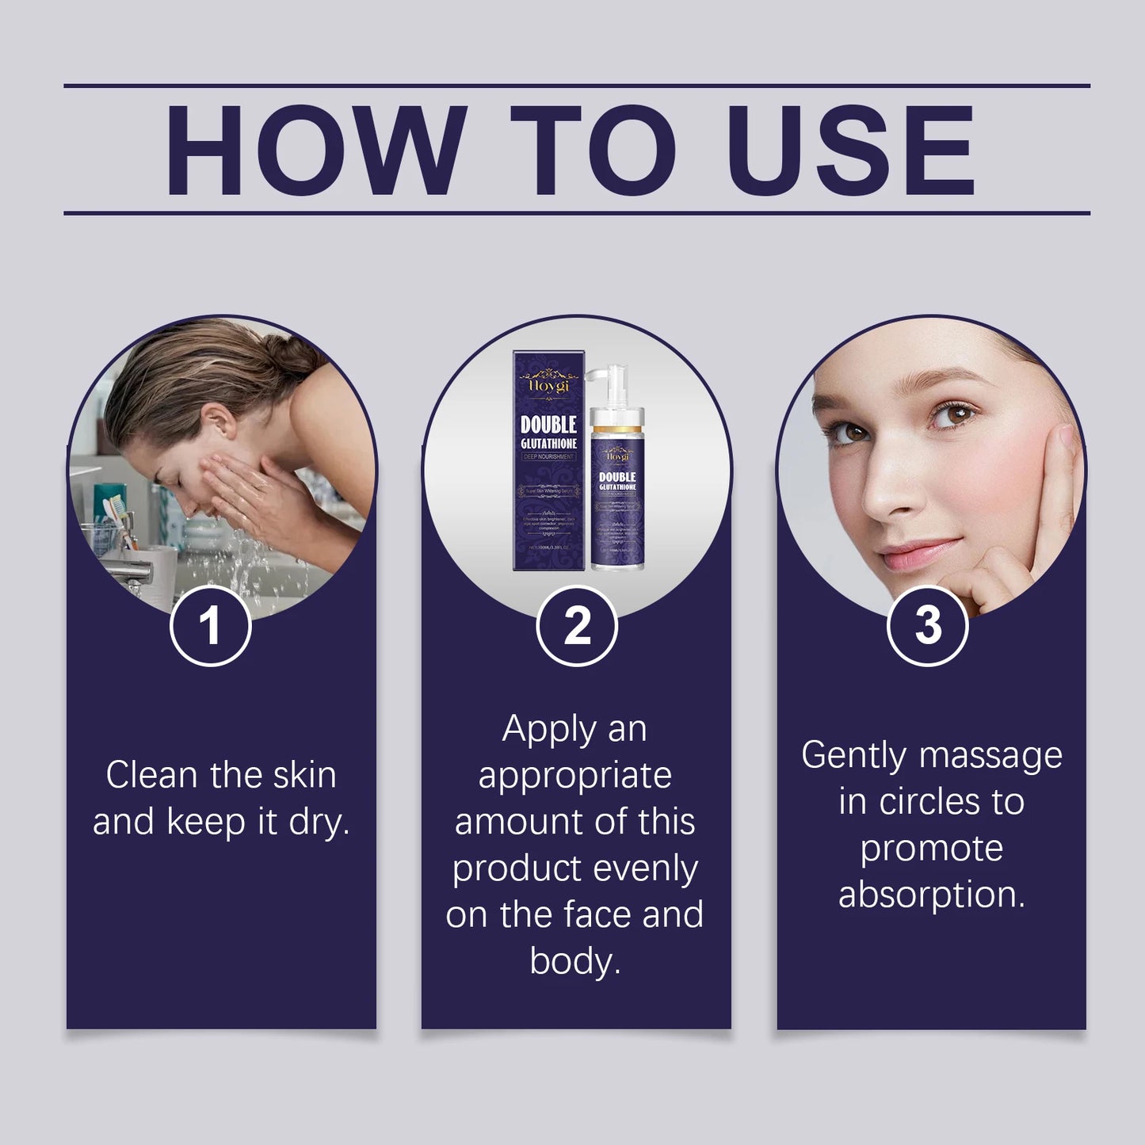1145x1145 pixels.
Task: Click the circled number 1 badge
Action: [x=211, y=626]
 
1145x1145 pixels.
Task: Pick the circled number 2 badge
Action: [x=577, y=626]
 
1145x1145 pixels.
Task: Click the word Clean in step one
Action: [x=152, y=775]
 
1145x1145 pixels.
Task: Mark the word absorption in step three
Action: [x=931, y=895]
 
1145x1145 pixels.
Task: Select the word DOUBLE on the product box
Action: [x=548, y=426]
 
